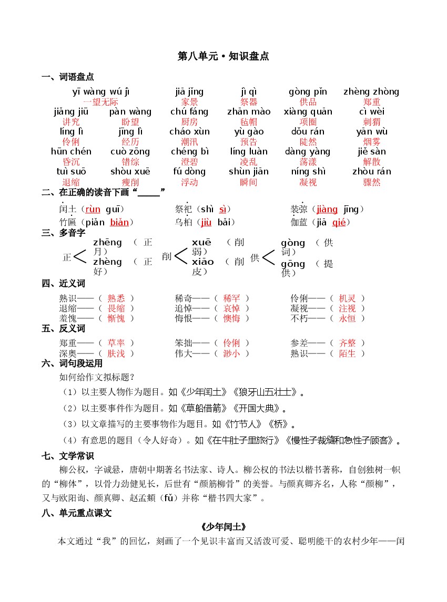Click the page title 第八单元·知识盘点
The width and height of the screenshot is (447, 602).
pyautogui.click(x=223, y=56)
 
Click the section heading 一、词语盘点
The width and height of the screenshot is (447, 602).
pyautogui.click(x=68, y=77)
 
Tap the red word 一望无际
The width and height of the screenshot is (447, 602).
pyautogui.click(x=100, y=102)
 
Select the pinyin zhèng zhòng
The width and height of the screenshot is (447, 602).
pyautogui.click(x=371, y=92)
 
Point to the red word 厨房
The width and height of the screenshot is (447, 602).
pyautogui.click(x=189, y=122)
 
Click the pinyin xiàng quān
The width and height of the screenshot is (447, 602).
pyautogui.click(x=308, y=112)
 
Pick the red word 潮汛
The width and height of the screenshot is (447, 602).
pyautogui.click(x=189, y=142)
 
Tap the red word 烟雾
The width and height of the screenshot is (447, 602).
pyautogui.click(x=372, y=142)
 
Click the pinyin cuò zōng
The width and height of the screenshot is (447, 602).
pyautogui.click(x=130, y=152)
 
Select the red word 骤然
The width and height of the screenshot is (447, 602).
pyautogui.click(x=372, y=182)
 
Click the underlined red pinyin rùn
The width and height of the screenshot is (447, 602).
pyautogui.click(x=93, y=210)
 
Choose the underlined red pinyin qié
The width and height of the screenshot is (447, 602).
pyautogui.click(x=339, y=222)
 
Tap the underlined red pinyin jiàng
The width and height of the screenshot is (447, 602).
pyautogui.click(x=327, y=210)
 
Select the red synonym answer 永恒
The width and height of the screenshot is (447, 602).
pyautogui.click(x=347, y=318)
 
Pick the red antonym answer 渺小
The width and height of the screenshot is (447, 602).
pyautogui.click(x=231, y=354)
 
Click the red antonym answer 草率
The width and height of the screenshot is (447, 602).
pyautogui.click(x=116, y=343)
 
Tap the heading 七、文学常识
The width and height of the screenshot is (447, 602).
pyautogui.click(x=68, y=455)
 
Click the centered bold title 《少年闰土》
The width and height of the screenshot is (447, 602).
pyautogui.click(x=223, y=527)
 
